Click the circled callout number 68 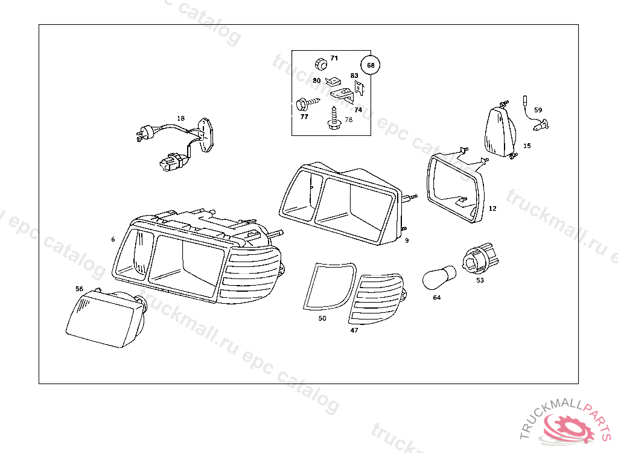[371, 65]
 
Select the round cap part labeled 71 [321, 64]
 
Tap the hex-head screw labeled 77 [307, 104]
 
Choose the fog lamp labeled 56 [106, 318]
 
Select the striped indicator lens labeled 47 [377, 299]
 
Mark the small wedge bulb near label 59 [540, 125]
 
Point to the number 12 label [492, 208]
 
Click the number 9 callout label [407, 240]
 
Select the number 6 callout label [113, 239]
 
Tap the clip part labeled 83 [359, 88]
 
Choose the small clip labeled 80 [333, 82]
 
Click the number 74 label [358, 110]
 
